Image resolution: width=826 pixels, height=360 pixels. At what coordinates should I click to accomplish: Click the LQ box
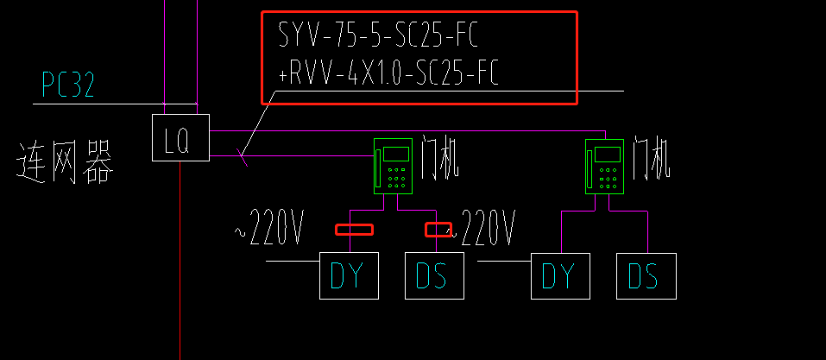pyautogui.click(x=180, y=137)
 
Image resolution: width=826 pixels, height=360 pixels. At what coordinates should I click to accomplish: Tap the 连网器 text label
pyautogui.click(x=65, y=163)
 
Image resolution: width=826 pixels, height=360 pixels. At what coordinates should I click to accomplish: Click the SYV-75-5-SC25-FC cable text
pyautogui.click(x=377, y=36)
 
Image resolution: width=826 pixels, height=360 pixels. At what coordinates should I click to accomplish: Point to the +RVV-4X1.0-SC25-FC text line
pyautogui.click(x=388, y=75)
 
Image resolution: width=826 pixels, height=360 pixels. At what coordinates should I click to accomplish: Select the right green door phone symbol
pyautogui.click(x=605, y=166)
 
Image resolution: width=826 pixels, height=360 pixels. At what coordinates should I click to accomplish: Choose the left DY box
pyautogui.click(x=349, y=275)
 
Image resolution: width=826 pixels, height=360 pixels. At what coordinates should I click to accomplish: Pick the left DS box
pyautogui.click(x=434, y=275)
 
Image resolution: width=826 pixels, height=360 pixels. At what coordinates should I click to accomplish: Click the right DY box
pyautogui.click(x=559, y=275)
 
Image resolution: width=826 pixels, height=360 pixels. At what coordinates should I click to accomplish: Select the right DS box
pyautogui.click(x=646, y=275)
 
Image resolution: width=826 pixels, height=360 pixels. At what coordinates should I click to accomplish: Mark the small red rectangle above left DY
pyautogui.click(x=354, y=230)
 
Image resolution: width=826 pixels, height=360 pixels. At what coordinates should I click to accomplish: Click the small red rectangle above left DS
pyautogui.click(x=438, y=230)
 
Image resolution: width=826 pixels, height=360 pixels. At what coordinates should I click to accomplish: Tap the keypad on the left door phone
pyautogui.click(x=398, y=178)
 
